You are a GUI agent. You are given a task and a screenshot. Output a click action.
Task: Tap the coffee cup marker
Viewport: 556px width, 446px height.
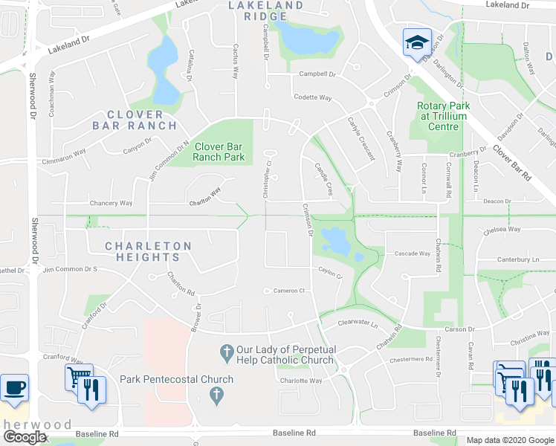coord(13,387)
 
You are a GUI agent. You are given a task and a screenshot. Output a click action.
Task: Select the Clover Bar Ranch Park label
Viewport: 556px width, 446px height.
coord(219,152)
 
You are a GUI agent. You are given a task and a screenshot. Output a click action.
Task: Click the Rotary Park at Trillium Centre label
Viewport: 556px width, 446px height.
coord(443,116)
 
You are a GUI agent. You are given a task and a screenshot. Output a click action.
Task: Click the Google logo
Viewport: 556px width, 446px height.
coord(25,437)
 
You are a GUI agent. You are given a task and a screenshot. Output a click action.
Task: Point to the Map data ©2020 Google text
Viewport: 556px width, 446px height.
coord(509,440)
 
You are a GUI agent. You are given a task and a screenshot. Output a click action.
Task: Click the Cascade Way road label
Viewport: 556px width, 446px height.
coord(412,253)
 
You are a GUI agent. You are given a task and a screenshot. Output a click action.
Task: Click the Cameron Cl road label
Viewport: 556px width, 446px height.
coord(290,291)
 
